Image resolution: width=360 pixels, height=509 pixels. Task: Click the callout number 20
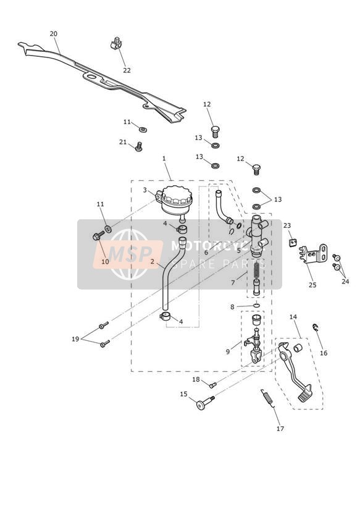(54, 34)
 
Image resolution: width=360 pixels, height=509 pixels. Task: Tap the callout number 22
(127, 70)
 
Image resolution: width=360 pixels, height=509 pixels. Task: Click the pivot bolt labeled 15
(205, 402)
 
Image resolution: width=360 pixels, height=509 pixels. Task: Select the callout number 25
(312, 285)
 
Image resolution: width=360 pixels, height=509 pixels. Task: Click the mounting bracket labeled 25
(313, 254)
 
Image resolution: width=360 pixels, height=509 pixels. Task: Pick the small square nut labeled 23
(293, 242)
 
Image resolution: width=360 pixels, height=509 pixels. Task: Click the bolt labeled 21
(138, 147)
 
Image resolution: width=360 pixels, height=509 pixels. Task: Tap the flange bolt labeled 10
(98, 235)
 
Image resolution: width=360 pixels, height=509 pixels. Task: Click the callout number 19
(75, 339)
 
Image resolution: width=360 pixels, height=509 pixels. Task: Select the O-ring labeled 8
(256, 306)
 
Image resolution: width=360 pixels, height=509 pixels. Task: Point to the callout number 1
(164, 158)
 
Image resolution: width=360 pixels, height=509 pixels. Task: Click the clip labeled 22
(116, 43)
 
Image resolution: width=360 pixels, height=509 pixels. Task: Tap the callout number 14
(293, 317)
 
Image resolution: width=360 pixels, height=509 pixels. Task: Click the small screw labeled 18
(212, 385)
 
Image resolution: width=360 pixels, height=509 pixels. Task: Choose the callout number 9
(228, 351)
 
